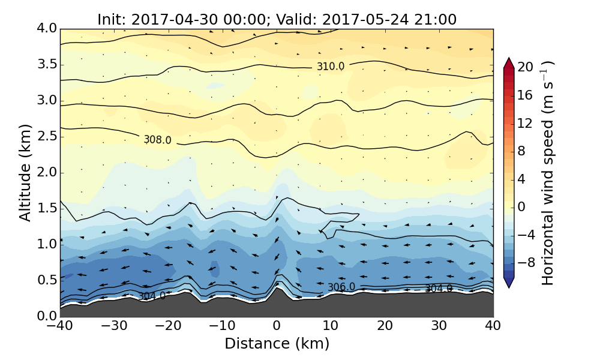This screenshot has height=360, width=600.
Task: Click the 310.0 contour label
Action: click(331, 67)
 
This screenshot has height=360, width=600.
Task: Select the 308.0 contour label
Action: click(157, 140)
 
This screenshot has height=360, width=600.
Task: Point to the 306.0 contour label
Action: click(341, 287)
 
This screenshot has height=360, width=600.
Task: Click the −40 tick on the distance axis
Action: click(60, 327)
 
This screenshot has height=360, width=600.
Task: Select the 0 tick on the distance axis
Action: click(277, 327)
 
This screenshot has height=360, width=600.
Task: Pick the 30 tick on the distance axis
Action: click(439, 327)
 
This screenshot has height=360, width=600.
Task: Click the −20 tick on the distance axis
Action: click(168, 327)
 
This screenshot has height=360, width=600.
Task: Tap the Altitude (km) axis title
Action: click(25, 172)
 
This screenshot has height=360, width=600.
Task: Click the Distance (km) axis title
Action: click(277, 344)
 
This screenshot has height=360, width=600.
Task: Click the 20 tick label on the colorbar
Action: click(526, 67)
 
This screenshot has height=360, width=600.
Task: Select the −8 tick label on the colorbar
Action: click(526, 263)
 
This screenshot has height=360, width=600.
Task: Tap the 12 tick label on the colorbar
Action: click(526, 123)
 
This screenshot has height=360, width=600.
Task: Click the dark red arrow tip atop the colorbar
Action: click(509, 62)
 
